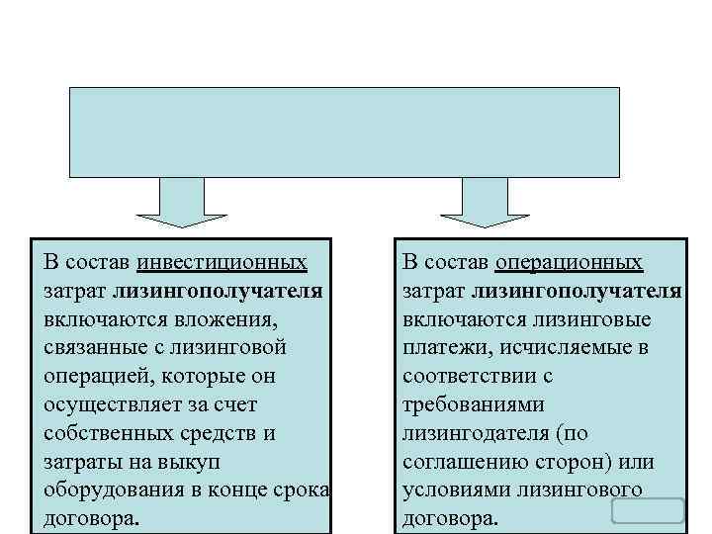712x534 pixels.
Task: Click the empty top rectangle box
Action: (x=343, y=132)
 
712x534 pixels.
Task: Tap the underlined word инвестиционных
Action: (x=222, y=263)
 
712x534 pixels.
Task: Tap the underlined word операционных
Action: (x=569, y=263)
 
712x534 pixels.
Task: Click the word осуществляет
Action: (x=110, y=405)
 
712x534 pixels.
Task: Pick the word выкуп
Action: (x=196, y=462)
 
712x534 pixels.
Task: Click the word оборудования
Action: (x=110, y=490)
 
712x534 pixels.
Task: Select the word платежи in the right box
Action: (x=440, y=348)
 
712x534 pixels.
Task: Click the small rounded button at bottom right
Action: (x=648, y=510)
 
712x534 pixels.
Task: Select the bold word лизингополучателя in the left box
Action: (x=217, y=292)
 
